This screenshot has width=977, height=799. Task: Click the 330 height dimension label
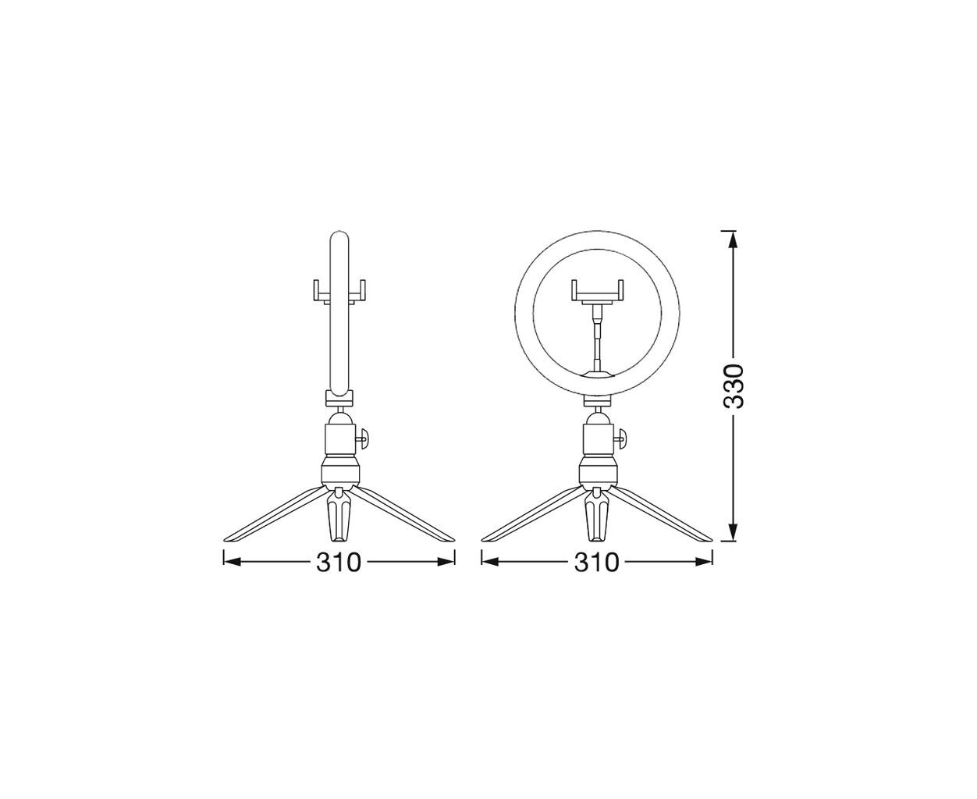point(734,386)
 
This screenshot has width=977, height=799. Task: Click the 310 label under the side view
point(338,563)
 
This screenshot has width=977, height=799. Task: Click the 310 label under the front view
point(597,563)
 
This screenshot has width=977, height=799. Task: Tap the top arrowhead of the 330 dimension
point(733,242)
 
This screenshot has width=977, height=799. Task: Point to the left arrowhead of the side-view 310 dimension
point(233,562)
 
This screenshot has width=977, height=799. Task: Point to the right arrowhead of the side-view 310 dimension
point(445,562)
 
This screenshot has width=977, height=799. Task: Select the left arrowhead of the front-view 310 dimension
point(492,562)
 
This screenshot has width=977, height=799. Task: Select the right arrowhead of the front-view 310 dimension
point(702,562)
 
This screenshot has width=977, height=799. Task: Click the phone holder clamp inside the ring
point(597,293)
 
